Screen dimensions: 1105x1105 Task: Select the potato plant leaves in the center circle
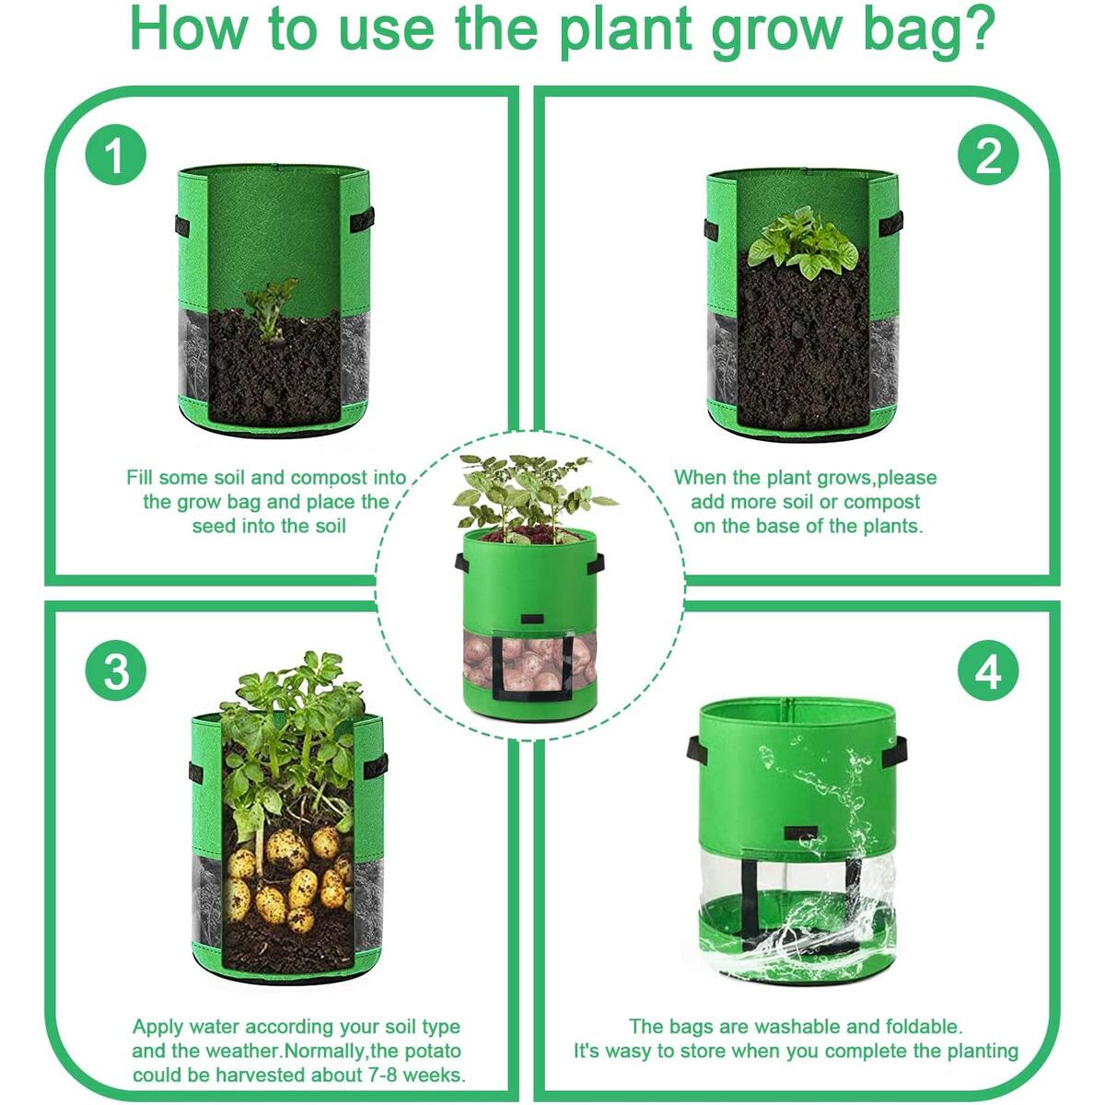[529, 493]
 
